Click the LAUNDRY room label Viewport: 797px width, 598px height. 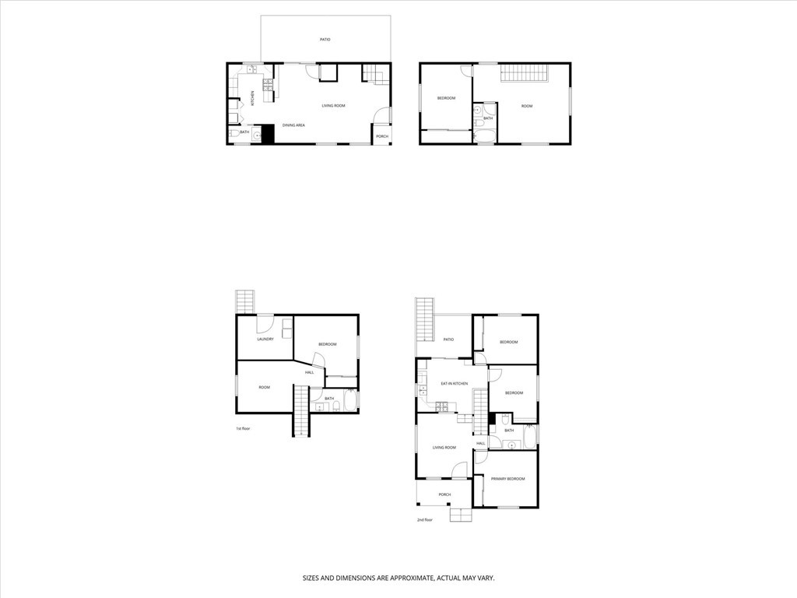coord(265,339)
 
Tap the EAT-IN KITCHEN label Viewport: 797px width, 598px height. coord(454,384)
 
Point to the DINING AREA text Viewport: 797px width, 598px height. coord(293,125)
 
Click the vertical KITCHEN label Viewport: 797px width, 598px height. coord(252,100)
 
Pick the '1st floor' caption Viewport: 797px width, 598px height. coord(244,429)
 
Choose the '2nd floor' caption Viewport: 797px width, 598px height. coord(424,519)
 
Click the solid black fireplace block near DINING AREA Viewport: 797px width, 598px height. coord(268,134)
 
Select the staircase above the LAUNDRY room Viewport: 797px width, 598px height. coord(245,301)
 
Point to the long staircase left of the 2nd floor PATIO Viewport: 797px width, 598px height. coord(425,319)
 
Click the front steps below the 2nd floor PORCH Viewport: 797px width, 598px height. coord(461,514)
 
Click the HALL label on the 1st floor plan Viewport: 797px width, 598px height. coord(310,372)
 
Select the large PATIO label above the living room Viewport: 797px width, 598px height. coord(325,39)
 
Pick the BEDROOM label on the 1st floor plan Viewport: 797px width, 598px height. coord(327,344)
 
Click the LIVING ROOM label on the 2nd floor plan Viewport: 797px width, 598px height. coord(444,448)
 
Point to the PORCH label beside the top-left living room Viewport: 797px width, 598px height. coord(381,136)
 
